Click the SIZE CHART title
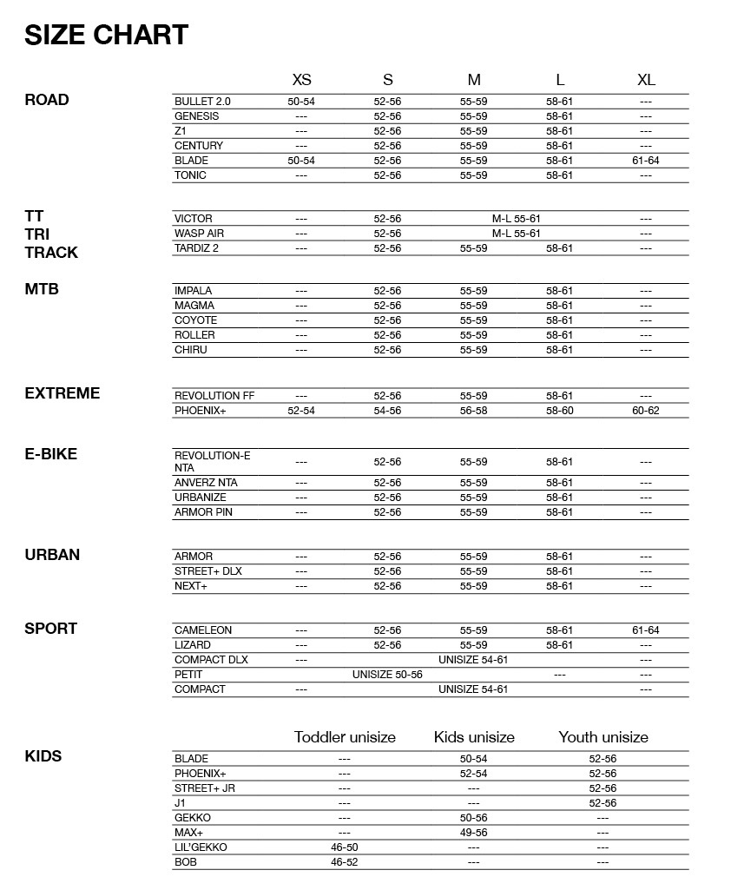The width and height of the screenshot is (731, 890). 107,35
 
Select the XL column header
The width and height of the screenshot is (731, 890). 646,80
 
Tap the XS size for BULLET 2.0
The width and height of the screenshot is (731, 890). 301,102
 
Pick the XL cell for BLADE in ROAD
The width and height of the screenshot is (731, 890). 646,161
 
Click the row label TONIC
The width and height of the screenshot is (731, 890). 190,175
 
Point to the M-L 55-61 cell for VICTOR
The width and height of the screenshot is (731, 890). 517,219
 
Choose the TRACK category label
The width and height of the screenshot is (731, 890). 51,253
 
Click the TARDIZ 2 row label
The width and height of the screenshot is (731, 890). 196,248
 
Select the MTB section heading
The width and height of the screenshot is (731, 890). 42,289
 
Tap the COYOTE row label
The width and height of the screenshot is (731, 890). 195,320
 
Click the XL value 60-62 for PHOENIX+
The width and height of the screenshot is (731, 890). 646,411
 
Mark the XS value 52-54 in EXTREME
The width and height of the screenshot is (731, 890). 301,411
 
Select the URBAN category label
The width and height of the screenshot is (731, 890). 52,555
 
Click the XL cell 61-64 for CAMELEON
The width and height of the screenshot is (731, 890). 646,630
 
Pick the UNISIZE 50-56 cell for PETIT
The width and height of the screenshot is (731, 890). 387,675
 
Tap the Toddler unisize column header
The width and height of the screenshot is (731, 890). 345,737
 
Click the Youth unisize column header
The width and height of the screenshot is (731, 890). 603,737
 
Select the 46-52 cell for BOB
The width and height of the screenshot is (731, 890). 345,862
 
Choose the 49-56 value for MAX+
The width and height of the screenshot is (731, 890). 474,833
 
